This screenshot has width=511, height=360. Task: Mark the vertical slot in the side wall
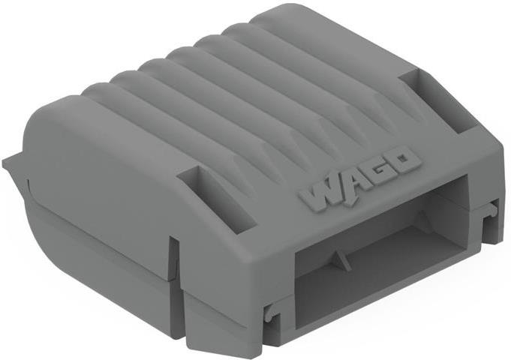174,259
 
